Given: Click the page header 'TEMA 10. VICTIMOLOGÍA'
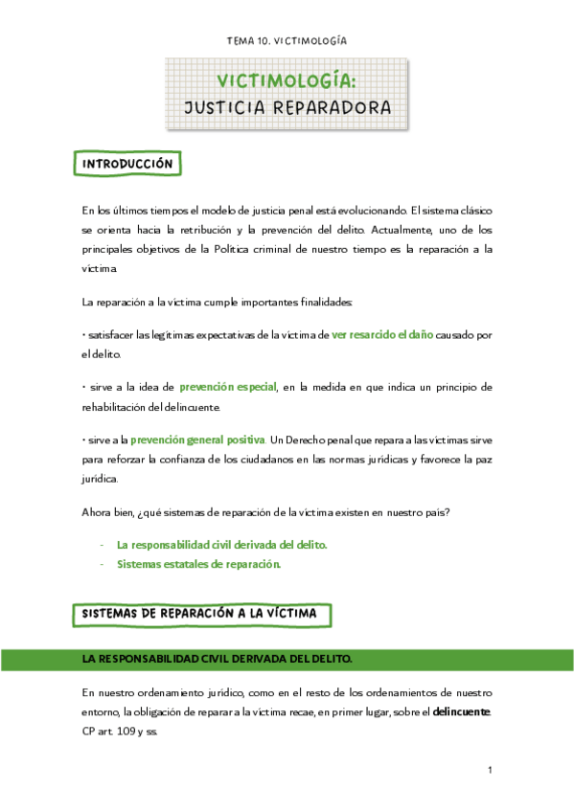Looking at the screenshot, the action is point(287,41).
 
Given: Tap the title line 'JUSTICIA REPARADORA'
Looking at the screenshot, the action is point(287,106).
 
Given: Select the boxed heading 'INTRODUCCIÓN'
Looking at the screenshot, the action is point(127,164).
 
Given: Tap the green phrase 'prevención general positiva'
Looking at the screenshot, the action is point(197,439).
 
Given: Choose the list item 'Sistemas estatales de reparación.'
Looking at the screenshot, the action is point(198,564).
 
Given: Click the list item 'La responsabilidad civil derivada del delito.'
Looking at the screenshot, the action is point(221,544).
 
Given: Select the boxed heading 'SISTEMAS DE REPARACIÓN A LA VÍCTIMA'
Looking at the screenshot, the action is point(202,613).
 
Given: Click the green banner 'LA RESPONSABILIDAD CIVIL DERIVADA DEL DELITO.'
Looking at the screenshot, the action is point(218,660).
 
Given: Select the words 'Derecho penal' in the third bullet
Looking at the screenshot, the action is point(335,440).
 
